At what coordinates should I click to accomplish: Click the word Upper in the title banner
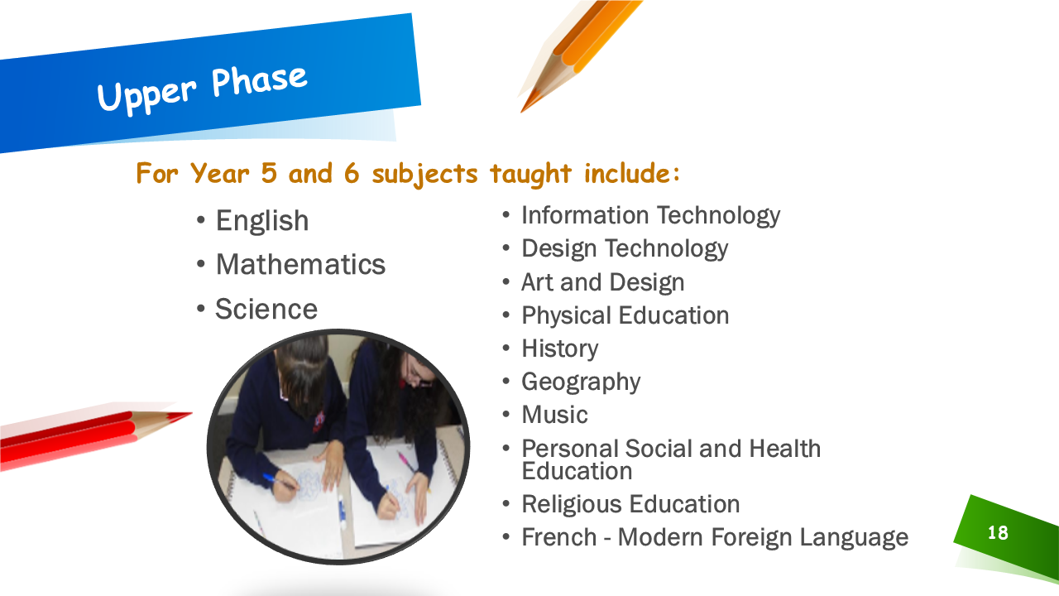tap(146, 95)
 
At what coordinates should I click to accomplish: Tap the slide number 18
tap(998, 532)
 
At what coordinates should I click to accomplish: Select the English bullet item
tap(262, 221)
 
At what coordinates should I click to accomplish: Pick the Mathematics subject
tap(300, 264)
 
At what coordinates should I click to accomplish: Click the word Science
tap(266, 309)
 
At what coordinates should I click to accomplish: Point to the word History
tap(560, 349)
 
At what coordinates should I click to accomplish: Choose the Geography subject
tap(581, 382)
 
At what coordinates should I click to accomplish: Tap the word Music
tap(554, 415)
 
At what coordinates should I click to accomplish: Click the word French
tap(558, 537)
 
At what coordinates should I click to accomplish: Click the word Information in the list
tap(585, 215)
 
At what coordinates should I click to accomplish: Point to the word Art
tap(537, 282)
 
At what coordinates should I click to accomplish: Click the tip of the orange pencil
tap(521, 113)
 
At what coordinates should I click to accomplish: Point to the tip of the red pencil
tap(192, 413)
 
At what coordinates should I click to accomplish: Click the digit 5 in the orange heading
tap(269, 173)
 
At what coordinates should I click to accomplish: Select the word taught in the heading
tap(531, 174)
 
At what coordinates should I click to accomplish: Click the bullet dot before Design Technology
tap(506, 248)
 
